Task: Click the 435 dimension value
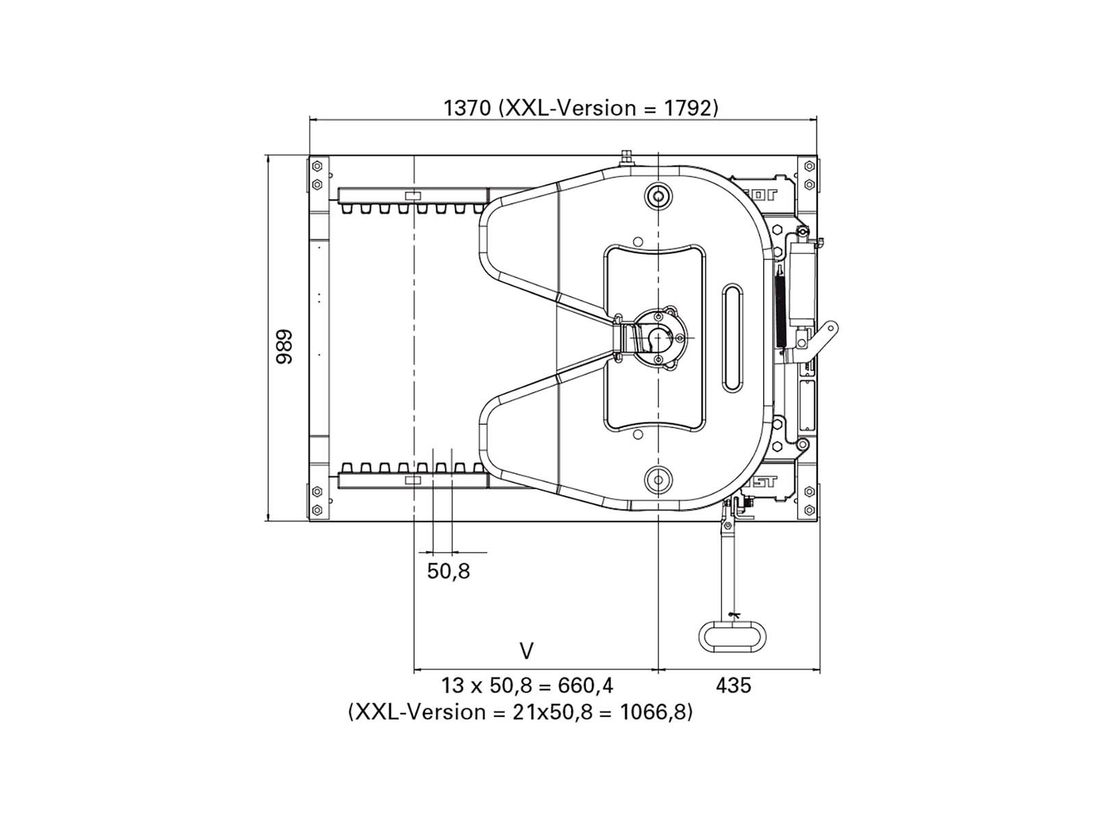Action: (x=733, y=686)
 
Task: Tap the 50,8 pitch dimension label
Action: (x=448, y=571)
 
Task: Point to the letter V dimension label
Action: (x=527, y=651)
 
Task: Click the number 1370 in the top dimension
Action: (x=467, y=107)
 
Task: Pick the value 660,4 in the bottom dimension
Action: (x=585, y=686)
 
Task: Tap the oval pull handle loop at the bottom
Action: (x=732, y=636)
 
